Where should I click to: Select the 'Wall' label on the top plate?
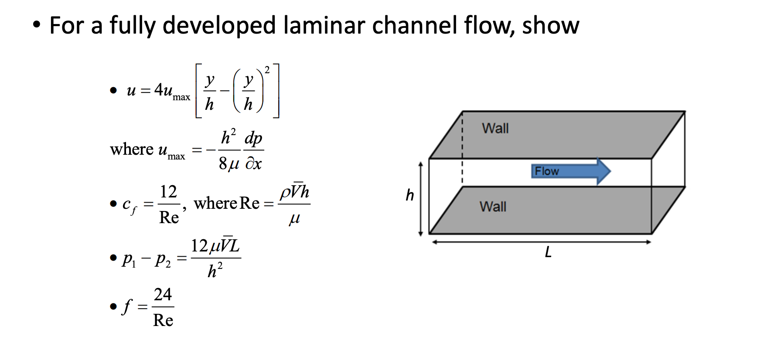coord(495,128)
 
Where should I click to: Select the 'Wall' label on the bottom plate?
coord(493,206)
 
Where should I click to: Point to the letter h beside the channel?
coord(409,195)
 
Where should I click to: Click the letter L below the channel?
coord(548,252)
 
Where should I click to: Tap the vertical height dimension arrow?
coord(420,198)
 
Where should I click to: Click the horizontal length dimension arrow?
coord(541,242)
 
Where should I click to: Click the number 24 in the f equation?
coord(163,295)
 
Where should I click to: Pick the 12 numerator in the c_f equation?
coord(168,192)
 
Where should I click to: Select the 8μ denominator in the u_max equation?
coord(229,164)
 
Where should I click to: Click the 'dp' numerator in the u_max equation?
coord(253,138)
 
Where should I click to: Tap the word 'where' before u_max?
coord(131,149)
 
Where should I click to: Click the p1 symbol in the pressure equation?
coord(129,259)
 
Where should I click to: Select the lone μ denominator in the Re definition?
coord(294,218)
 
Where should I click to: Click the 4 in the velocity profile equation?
coord(158,90)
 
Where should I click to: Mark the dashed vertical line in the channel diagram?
coord(462,148)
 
